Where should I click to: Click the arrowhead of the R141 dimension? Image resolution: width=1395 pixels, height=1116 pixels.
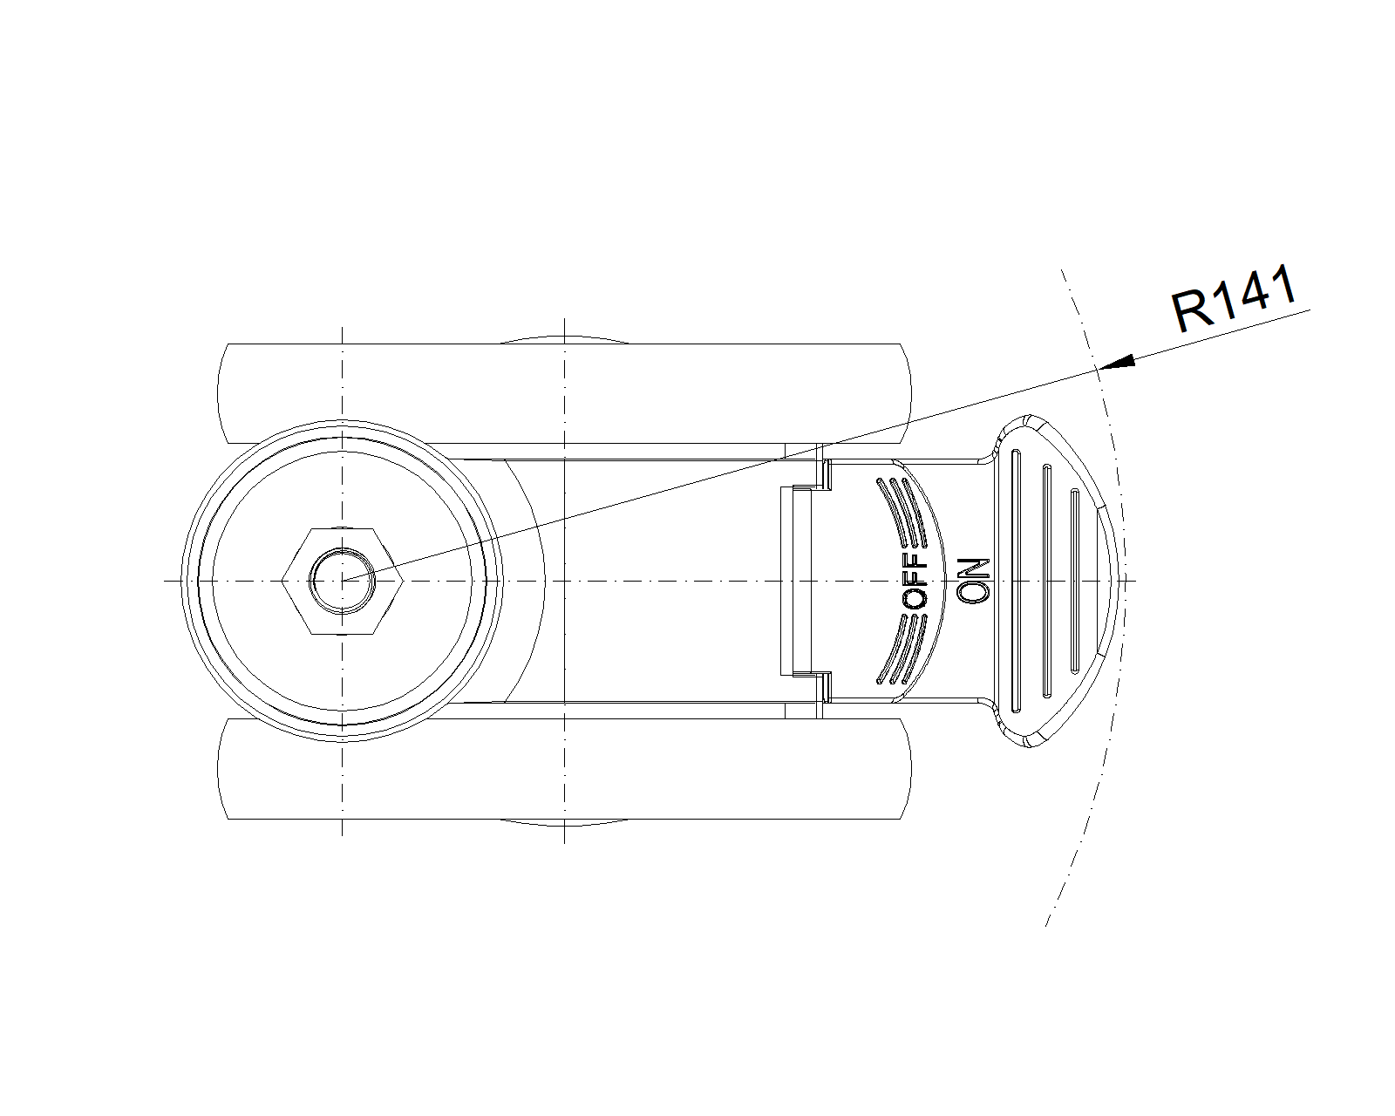1117,362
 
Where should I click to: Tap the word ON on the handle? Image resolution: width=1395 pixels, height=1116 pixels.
973,580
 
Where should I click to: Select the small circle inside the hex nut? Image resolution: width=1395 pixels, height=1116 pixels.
343,580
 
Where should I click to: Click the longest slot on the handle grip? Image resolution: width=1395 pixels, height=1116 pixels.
1017,580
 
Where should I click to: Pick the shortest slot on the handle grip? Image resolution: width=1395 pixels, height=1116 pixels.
1074,580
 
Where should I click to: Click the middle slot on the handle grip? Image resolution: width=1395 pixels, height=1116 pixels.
1046,580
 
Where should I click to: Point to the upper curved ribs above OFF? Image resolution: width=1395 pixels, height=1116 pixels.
902,510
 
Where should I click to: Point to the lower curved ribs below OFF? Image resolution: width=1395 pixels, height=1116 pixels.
902,650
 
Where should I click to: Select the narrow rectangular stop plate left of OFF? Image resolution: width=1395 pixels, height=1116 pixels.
796,580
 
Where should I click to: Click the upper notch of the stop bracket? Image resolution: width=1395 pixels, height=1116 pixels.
820,475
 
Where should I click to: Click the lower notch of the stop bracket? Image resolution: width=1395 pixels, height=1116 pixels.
820,685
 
